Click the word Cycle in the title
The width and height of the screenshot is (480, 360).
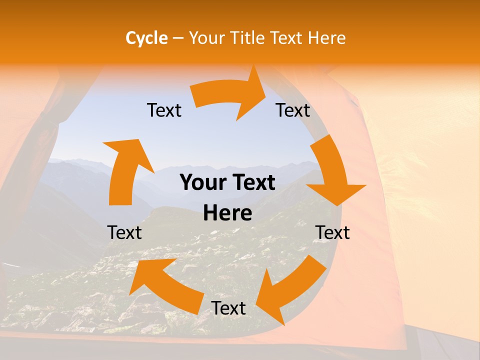146,38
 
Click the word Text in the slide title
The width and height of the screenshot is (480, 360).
286,38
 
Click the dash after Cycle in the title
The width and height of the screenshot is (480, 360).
177,38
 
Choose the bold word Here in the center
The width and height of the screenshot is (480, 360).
227,213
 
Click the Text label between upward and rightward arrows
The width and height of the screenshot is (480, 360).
164,110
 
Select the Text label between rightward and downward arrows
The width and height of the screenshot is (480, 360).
293,110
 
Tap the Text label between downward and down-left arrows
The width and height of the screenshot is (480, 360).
332,232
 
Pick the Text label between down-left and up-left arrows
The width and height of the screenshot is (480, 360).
228,308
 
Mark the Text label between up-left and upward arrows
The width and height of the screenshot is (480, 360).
124,232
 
